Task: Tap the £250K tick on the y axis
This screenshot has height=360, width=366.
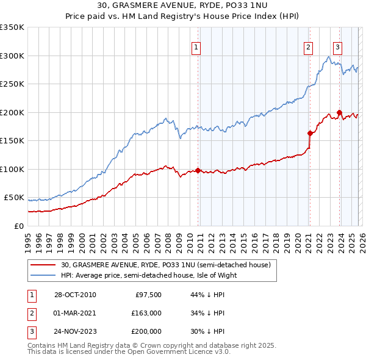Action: pos(12,84)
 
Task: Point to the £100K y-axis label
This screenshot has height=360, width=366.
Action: pos(12,169)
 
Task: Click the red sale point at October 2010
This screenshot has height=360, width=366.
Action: pos(198,170)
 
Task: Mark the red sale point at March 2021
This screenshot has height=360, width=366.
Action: pos(310,133)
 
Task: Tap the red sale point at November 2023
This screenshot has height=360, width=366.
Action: pos(339,112)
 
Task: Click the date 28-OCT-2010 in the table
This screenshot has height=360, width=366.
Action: pos(74,295)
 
